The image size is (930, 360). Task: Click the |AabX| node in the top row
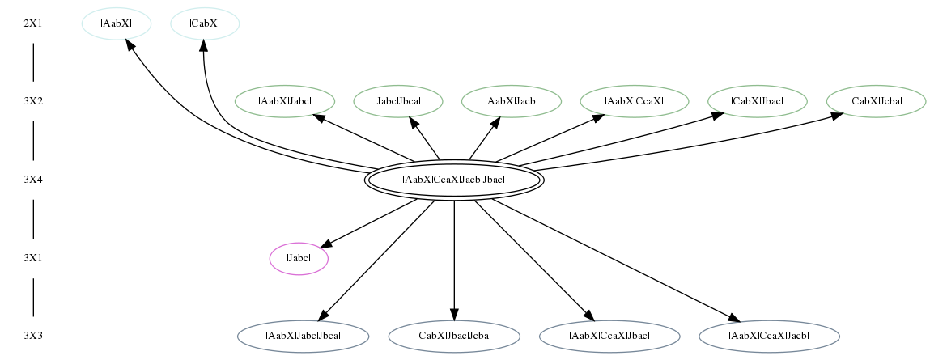117,23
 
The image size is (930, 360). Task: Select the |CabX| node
205,23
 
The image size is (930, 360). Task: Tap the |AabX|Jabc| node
285,101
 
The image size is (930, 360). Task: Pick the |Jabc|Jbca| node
398,101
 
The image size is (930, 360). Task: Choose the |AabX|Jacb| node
512,101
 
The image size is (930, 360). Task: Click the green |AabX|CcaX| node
634,101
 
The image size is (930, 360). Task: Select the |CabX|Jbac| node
758,101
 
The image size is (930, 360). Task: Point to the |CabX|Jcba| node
876,101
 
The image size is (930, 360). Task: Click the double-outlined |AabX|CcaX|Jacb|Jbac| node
454,180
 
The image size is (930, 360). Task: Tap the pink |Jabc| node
299,259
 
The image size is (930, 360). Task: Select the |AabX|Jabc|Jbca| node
303,337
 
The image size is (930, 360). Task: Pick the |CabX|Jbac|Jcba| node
454,337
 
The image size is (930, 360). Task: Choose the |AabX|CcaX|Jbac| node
609,337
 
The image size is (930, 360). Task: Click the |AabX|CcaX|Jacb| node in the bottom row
769,337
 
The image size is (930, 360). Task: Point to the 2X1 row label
33,23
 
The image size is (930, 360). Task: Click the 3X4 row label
33,179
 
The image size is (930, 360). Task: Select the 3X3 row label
33,336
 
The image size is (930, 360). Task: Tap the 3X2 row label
33,101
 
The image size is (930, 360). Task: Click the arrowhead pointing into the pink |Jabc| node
327,244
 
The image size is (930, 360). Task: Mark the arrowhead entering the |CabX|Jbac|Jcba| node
454,315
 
